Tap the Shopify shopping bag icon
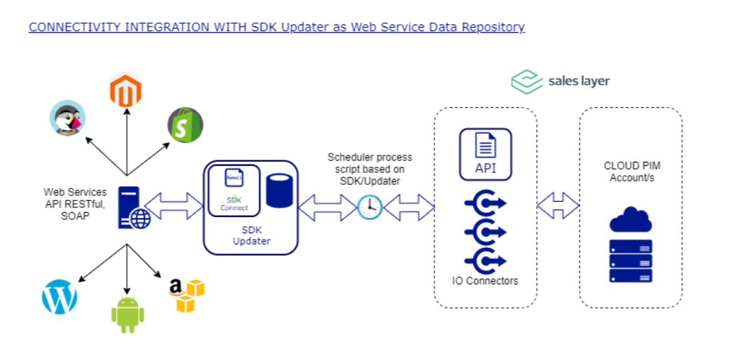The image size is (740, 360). [x=185, y=125]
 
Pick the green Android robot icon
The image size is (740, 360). [x=127, y=314]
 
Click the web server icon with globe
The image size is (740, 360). [x=134, y=208]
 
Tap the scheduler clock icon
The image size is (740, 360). [x=370, y=207]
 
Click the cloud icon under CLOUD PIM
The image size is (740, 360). [x=630, y=220]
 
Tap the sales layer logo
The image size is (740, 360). [x=560, y=81]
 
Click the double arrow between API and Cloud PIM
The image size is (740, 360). [x=558, y=205]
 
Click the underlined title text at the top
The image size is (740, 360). [x=277, y=27]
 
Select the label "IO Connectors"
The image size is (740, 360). [x=485, y=281]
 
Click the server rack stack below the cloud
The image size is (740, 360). [x=630, y=261]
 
